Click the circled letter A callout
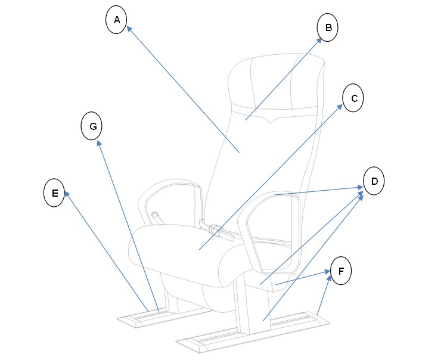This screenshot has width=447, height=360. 116,20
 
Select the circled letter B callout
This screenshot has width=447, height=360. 328,27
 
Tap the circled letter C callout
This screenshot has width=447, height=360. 353,98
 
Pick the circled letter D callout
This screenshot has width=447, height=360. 374,181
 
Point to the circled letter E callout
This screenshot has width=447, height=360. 54,193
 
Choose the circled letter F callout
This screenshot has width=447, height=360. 341,271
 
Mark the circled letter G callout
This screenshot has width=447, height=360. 92,126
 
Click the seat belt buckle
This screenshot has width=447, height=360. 216,229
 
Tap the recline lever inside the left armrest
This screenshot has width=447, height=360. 157,218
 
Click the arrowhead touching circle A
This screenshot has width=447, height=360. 129,29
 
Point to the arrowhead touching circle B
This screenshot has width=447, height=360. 319,41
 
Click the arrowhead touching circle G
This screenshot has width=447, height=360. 99,143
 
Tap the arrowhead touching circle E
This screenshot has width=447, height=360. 67,194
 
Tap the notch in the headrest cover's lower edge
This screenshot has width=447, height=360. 269,122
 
